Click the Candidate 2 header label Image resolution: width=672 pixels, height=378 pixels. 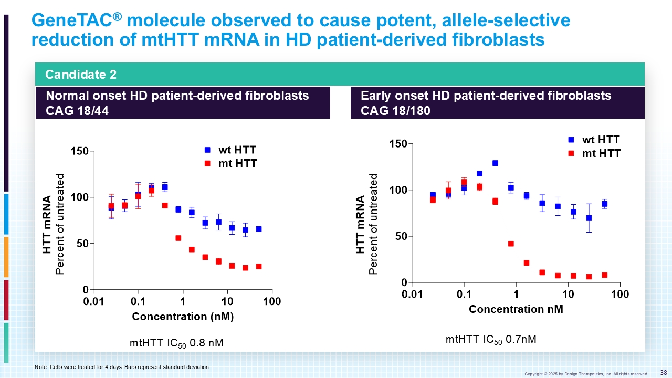[81, 75]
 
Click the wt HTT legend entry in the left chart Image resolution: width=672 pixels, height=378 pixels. [232, 150]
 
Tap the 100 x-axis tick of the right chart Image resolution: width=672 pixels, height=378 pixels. [620, 294]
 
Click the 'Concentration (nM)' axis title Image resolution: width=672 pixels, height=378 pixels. [183, 317]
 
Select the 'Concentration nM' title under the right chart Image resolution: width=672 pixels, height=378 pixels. [516, 309]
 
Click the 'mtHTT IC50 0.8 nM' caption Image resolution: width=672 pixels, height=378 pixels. [176, 343]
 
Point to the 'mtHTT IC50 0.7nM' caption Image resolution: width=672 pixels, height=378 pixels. [491, 340]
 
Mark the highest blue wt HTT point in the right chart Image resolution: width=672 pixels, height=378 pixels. [495, 163]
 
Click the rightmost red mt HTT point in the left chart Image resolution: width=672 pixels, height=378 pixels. [259, 266]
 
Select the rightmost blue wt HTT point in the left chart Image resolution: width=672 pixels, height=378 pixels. [259, 229]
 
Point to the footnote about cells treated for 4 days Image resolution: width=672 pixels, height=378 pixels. [122, 367]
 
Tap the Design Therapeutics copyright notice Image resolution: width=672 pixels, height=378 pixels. [586, 374]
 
